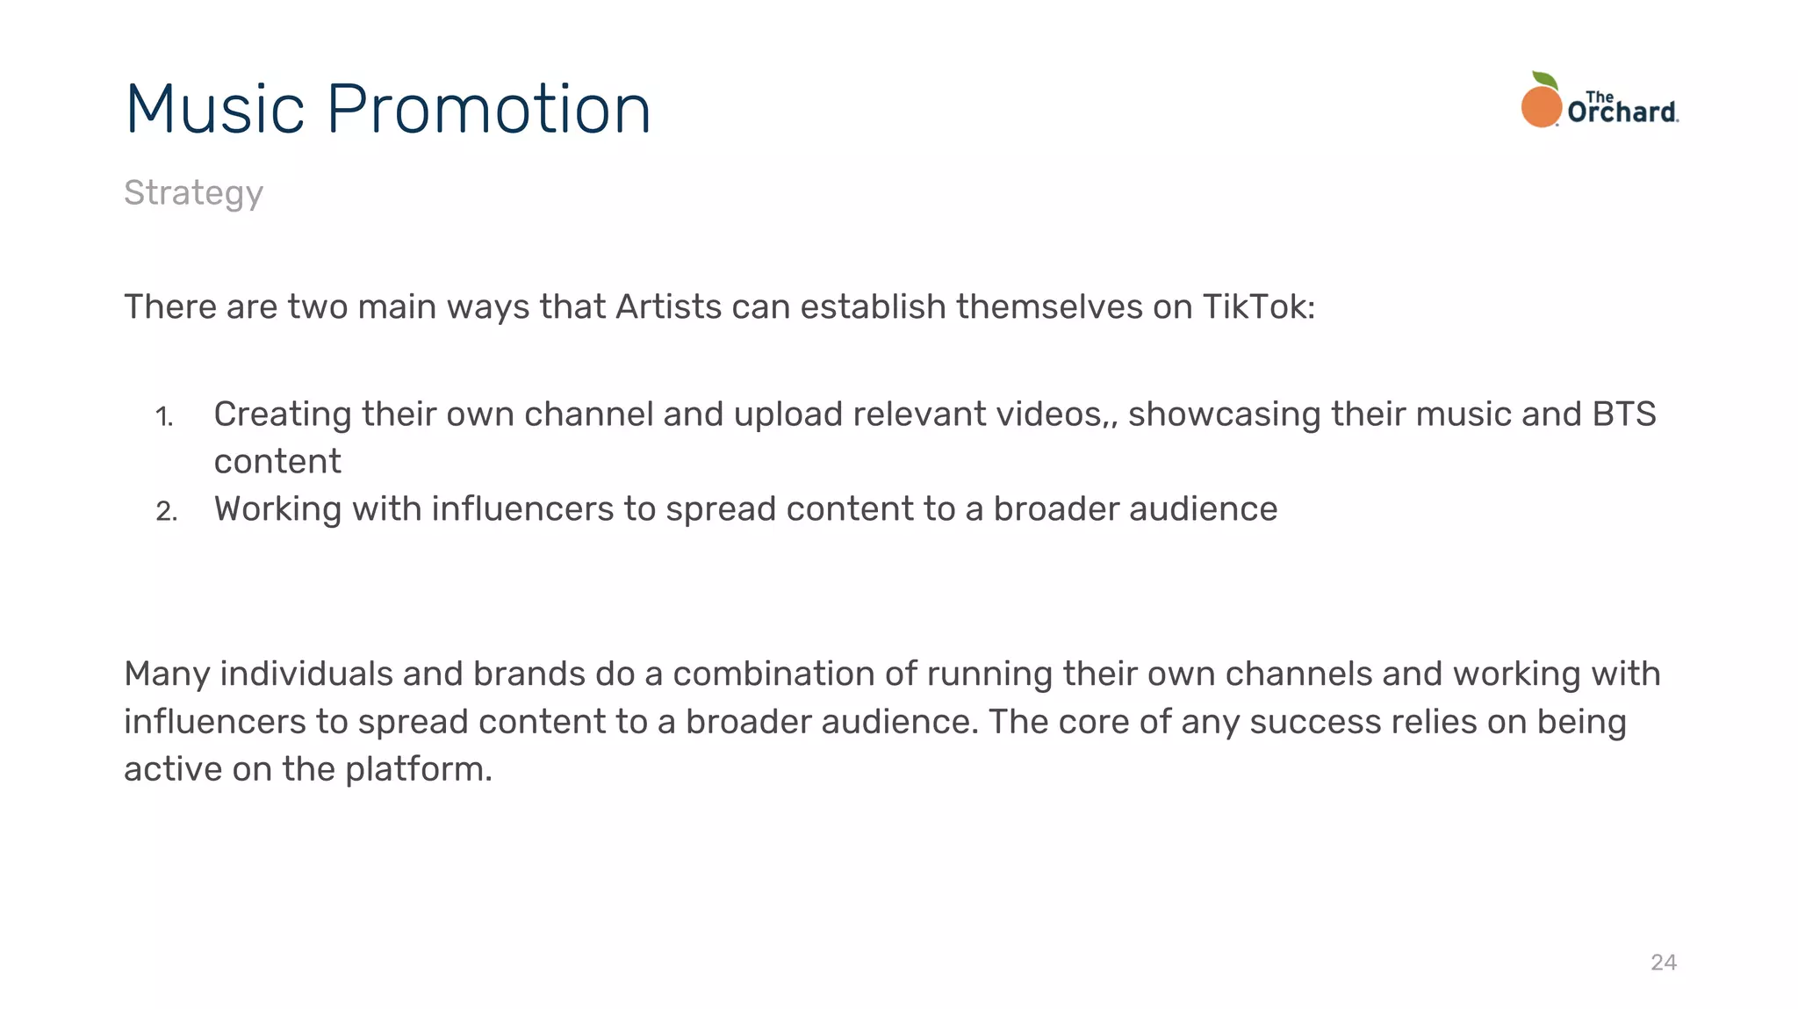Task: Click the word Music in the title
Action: click(x=215, y=109)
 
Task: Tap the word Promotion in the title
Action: click(x=488, y=109)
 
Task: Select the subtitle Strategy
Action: click(x=193, y=193)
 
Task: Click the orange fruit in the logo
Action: click(x=1541, y=107)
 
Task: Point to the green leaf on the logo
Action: click(x=1545, y=81)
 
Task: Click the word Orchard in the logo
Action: click(x=1622, y=112)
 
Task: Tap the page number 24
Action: click(x=1663, y=962)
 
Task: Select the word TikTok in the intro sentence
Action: click(x=1257, y=307)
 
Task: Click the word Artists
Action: click(x=669, y=307)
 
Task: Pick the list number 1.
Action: click(x=164, y=416)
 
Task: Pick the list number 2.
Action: click(x=166, y=511)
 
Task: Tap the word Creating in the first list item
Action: click(x=283, y=414)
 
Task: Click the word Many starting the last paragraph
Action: click(x=167, y=674)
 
